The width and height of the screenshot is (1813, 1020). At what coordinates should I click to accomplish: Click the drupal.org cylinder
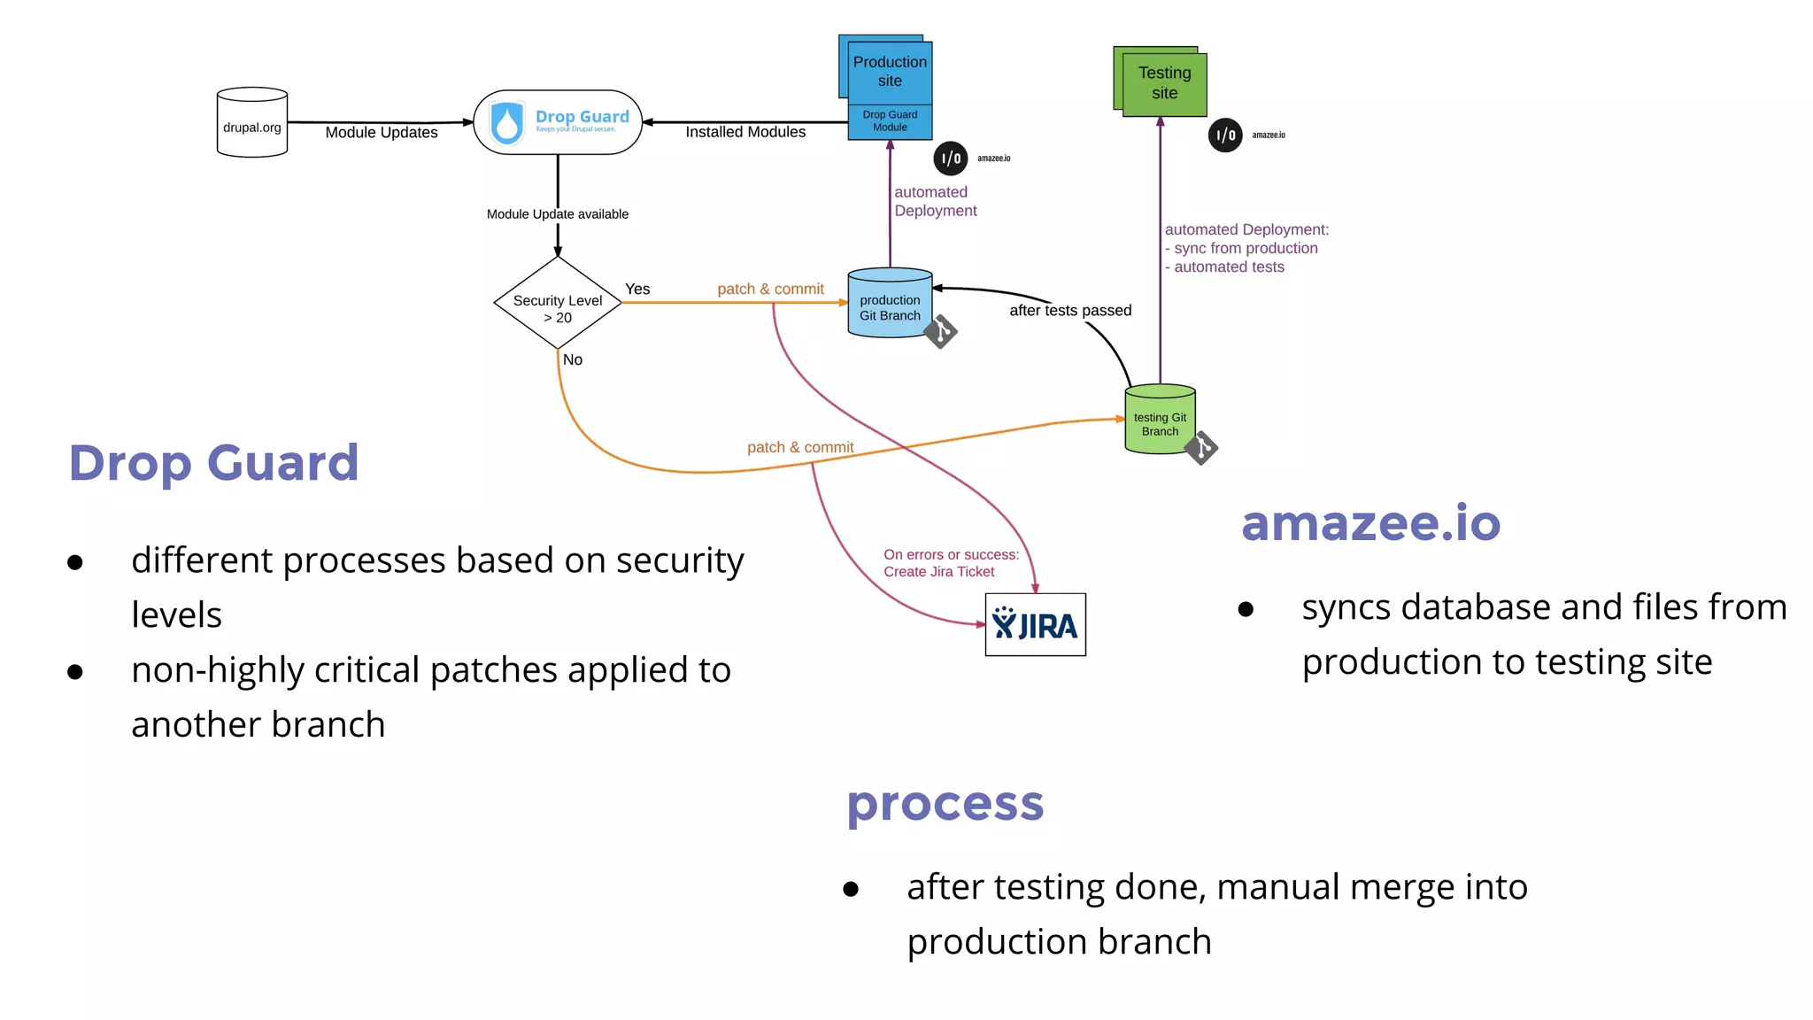(x=252, y=123)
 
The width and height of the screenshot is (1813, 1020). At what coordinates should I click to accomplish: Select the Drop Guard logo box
(x=558, y=122)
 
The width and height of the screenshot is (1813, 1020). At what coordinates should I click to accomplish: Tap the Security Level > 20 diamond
(x=558, y=303)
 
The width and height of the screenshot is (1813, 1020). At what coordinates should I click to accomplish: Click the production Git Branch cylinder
(x=890, y=304)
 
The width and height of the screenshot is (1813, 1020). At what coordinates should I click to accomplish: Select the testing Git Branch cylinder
(x=1160, y=421)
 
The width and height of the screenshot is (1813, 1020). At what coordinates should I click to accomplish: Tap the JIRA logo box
(x=1035, y=625)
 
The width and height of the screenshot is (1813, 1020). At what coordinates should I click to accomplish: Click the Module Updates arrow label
(x=382, y=133)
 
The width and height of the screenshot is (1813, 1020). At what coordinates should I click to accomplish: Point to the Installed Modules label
(x=745, y=132)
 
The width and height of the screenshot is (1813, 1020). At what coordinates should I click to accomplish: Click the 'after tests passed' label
(x=1070, y=311)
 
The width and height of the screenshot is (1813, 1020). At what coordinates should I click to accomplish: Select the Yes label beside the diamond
(x=637, y=290)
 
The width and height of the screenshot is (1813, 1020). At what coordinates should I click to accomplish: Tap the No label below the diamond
(x=573, y=360)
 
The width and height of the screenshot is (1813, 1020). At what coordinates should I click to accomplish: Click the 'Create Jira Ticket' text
(x=939, y=572)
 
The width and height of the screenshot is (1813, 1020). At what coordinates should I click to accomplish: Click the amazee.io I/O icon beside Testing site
(x=1225, y=135)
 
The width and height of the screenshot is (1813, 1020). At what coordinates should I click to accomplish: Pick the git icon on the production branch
(x=941, y=332)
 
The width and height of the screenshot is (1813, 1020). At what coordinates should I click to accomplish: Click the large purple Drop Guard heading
(x=214, y=462)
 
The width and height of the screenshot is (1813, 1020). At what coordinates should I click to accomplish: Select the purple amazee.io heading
(x=1370, y=522)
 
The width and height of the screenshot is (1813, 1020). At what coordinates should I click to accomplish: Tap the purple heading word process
(x=945, y=804)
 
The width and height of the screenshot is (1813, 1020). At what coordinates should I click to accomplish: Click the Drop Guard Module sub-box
(x=890, y=121)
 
